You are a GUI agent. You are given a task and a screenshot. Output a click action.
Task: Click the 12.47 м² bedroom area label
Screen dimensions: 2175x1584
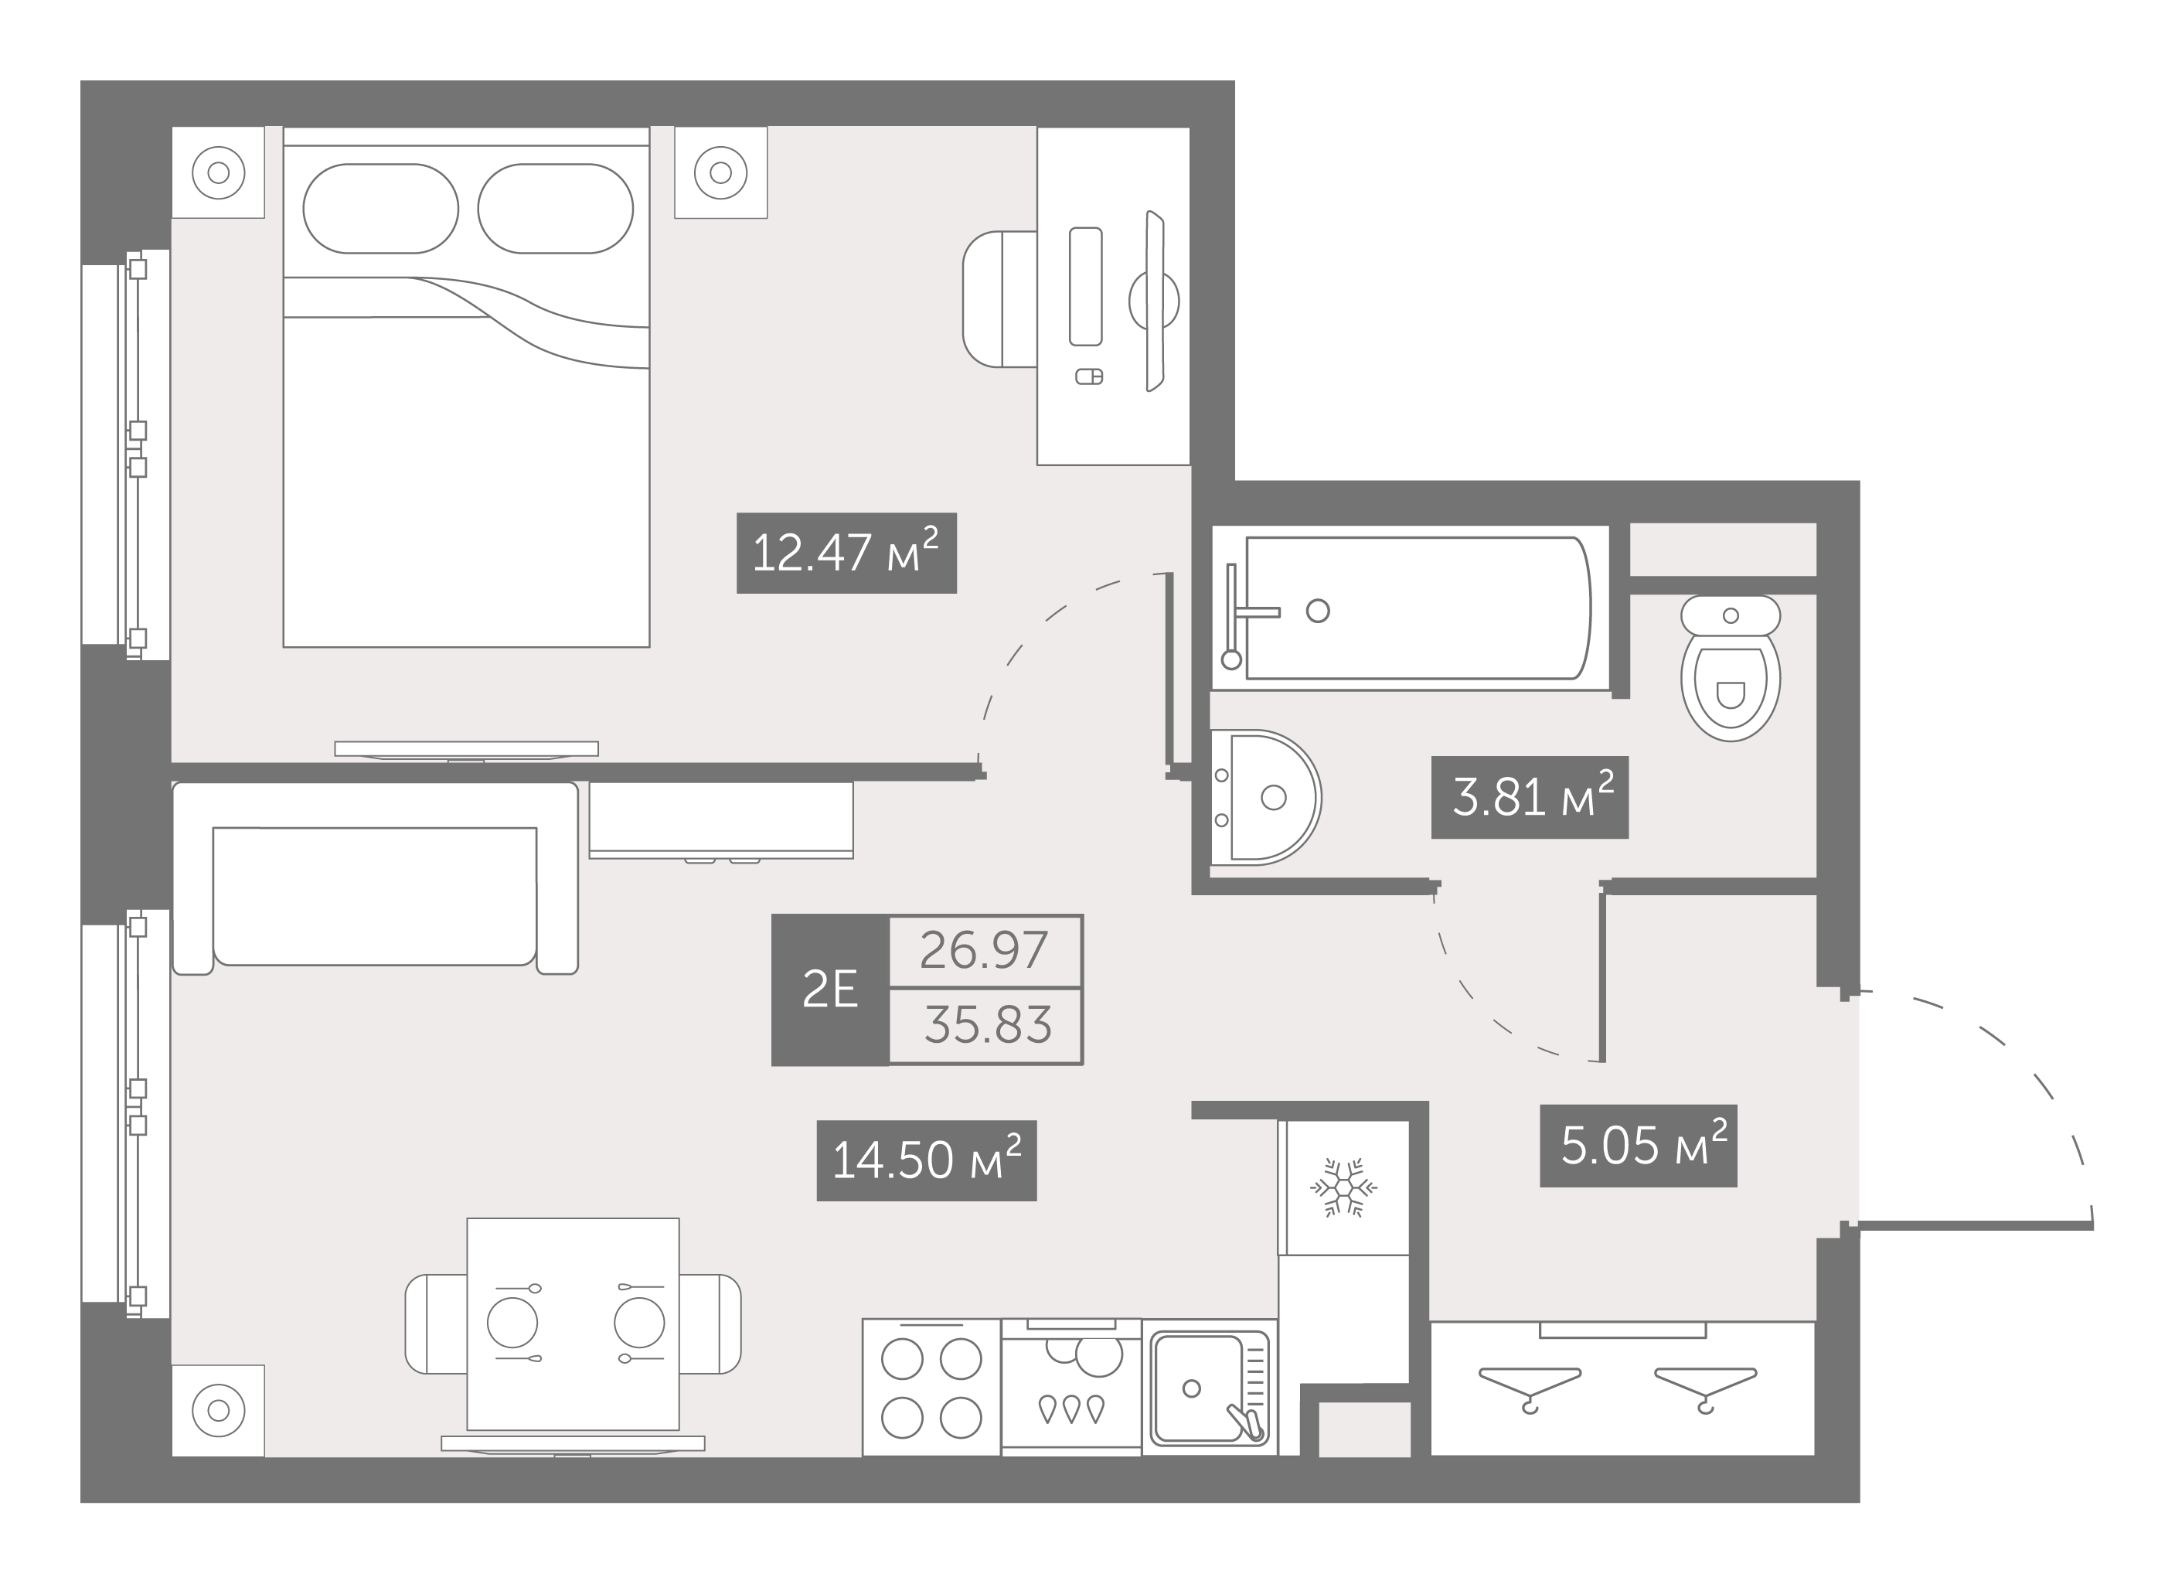pyautogui.click(x=846, y=553)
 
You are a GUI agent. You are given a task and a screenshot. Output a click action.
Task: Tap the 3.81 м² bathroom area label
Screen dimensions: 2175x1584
pyautogui.click(x=1530, y=797)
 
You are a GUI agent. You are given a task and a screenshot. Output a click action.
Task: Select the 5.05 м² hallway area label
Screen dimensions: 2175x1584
pyautogui.click(x=1638, y=1146)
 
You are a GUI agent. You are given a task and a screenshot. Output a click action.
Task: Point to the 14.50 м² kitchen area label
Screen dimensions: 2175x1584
pyautogui.click(x=927, y=1160)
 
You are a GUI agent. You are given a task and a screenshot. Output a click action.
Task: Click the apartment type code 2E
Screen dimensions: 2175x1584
pyautogui.click(x=830, y=990)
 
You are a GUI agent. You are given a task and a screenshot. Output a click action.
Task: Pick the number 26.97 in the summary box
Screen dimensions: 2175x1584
pyautogui.click(x=984, y=951)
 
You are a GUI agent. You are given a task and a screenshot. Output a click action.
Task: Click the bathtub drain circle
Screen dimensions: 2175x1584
pyautogui.click(x=1318, y=610)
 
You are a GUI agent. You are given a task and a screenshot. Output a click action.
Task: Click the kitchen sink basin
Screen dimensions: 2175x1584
pyautogui.click(x=1199, y=1388)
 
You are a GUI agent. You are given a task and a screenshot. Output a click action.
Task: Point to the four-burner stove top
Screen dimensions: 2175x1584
pyautogui.click(x=931, y=1388)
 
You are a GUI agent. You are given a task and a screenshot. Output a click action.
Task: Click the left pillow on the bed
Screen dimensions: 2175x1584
pyautogui.click(x=381, y=208)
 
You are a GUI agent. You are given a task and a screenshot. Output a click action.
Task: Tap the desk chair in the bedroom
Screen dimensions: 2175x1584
pyautogui.click(x=999, y=298)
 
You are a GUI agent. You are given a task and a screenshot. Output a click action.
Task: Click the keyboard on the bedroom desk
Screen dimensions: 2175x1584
pyautogui.click(x=1086, y=286)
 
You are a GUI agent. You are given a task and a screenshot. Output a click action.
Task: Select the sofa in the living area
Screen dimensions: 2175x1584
pyautogui.click(x=375, y=879)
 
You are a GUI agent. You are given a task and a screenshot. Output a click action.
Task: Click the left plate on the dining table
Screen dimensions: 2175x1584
pyautogui.click(x=512, y=1322)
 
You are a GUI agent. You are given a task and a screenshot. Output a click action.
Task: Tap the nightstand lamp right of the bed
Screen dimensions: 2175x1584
pyautogui.click(x=720, y=172)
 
